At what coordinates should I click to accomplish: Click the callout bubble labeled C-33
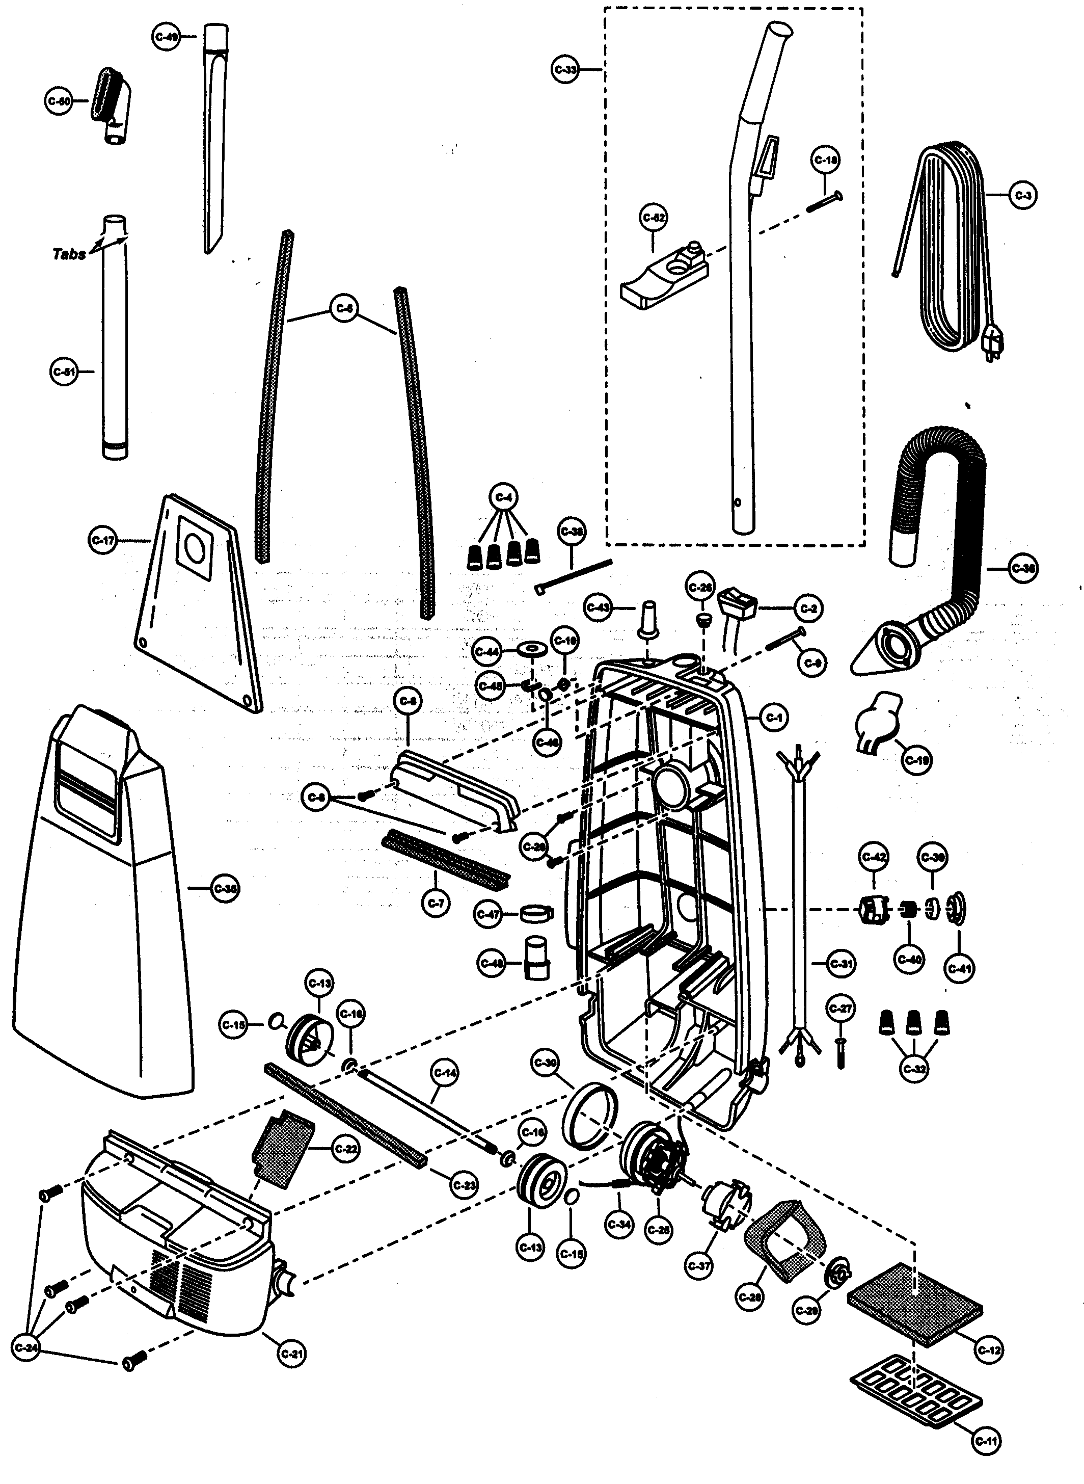tap(565, 70)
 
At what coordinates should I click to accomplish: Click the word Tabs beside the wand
tap(68, 254)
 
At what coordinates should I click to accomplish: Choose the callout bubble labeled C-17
tap(102, 541)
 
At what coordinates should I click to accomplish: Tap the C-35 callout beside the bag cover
tap(225, 889)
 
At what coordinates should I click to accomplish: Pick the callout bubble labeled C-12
tap(989, 1350)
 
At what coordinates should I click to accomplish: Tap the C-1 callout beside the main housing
tap(774, 718)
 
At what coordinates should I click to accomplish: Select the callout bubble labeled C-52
tap(654, 219)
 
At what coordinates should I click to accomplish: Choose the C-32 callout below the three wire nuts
tap(915, 1069)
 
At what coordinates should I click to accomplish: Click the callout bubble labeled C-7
tap(435, 904)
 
